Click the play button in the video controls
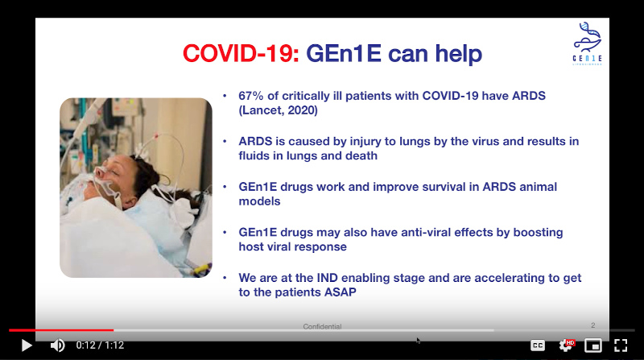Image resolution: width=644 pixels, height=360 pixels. coord(27,346)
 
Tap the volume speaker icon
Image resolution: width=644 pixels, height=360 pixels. coord(57,346)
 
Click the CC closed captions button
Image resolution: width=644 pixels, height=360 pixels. coord(538,346)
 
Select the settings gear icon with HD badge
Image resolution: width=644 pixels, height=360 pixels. coord(567,346)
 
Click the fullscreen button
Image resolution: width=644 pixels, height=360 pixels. coord(621,346)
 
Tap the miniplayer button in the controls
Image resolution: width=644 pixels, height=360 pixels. coord(593,346)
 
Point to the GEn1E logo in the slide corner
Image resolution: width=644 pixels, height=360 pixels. coord(588,43)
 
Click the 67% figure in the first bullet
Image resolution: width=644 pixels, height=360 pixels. coord(251,96)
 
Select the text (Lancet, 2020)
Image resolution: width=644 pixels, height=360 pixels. coord(278,110)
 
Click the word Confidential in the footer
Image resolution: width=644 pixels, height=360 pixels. coord(323,326)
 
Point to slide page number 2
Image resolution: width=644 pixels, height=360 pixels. coord(593,325)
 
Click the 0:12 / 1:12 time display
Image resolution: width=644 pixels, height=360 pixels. coord(100,346)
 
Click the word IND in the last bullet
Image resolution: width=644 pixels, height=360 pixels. coord(328,278)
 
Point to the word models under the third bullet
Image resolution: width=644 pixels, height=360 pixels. coord(259,201)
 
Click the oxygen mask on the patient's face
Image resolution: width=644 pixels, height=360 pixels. coord(106,183)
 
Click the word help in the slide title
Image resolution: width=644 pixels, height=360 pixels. coord(458,54)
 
